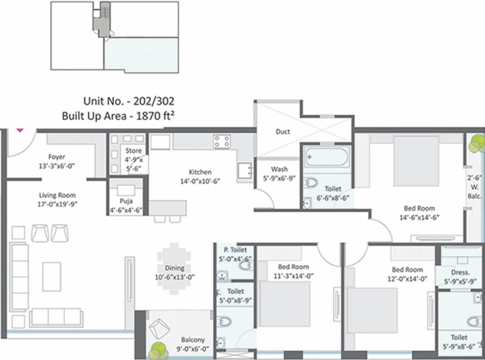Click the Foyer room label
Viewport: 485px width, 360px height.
click(57, 157)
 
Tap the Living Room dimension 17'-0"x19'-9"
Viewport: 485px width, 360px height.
click(57, 204)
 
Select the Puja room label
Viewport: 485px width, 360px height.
click(126, 202)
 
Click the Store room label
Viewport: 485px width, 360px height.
click(133, 151)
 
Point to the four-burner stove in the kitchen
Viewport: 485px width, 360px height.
click(222, 142)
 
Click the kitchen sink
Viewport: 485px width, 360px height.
click(244, 171)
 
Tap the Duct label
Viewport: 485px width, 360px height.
click(283, 132)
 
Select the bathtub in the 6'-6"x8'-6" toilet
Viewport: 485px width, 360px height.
click(326, 157)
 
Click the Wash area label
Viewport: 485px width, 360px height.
click(279, 169)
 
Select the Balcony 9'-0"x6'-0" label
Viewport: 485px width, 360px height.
click(193, 340)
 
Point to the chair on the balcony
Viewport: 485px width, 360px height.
click(159, 329)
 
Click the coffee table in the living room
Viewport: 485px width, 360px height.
click(52, 277)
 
